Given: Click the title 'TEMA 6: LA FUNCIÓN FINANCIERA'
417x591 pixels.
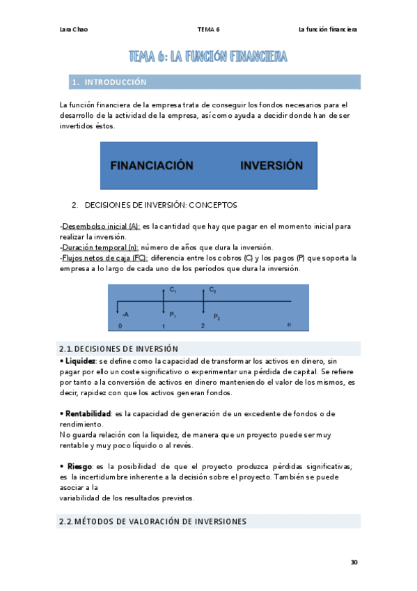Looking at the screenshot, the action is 208,56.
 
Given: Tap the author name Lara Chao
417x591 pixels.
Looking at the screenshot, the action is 74,29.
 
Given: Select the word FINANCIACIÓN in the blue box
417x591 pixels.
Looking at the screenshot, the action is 151,166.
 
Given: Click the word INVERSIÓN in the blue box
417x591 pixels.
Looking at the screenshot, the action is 272,166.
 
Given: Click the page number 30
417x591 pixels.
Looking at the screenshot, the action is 354,562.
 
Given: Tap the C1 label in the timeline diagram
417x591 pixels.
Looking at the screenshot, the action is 173,289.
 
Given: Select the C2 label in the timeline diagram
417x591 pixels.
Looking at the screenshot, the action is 213,289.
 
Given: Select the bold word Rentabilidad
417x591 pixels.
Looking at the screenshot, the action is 86,413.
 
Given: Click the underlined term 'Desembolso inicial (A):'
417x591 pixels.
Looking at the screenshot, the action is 101,227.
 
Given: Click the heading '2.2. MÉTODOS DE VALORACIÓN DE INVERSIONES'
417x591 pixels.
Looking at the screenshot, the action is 152,521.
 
